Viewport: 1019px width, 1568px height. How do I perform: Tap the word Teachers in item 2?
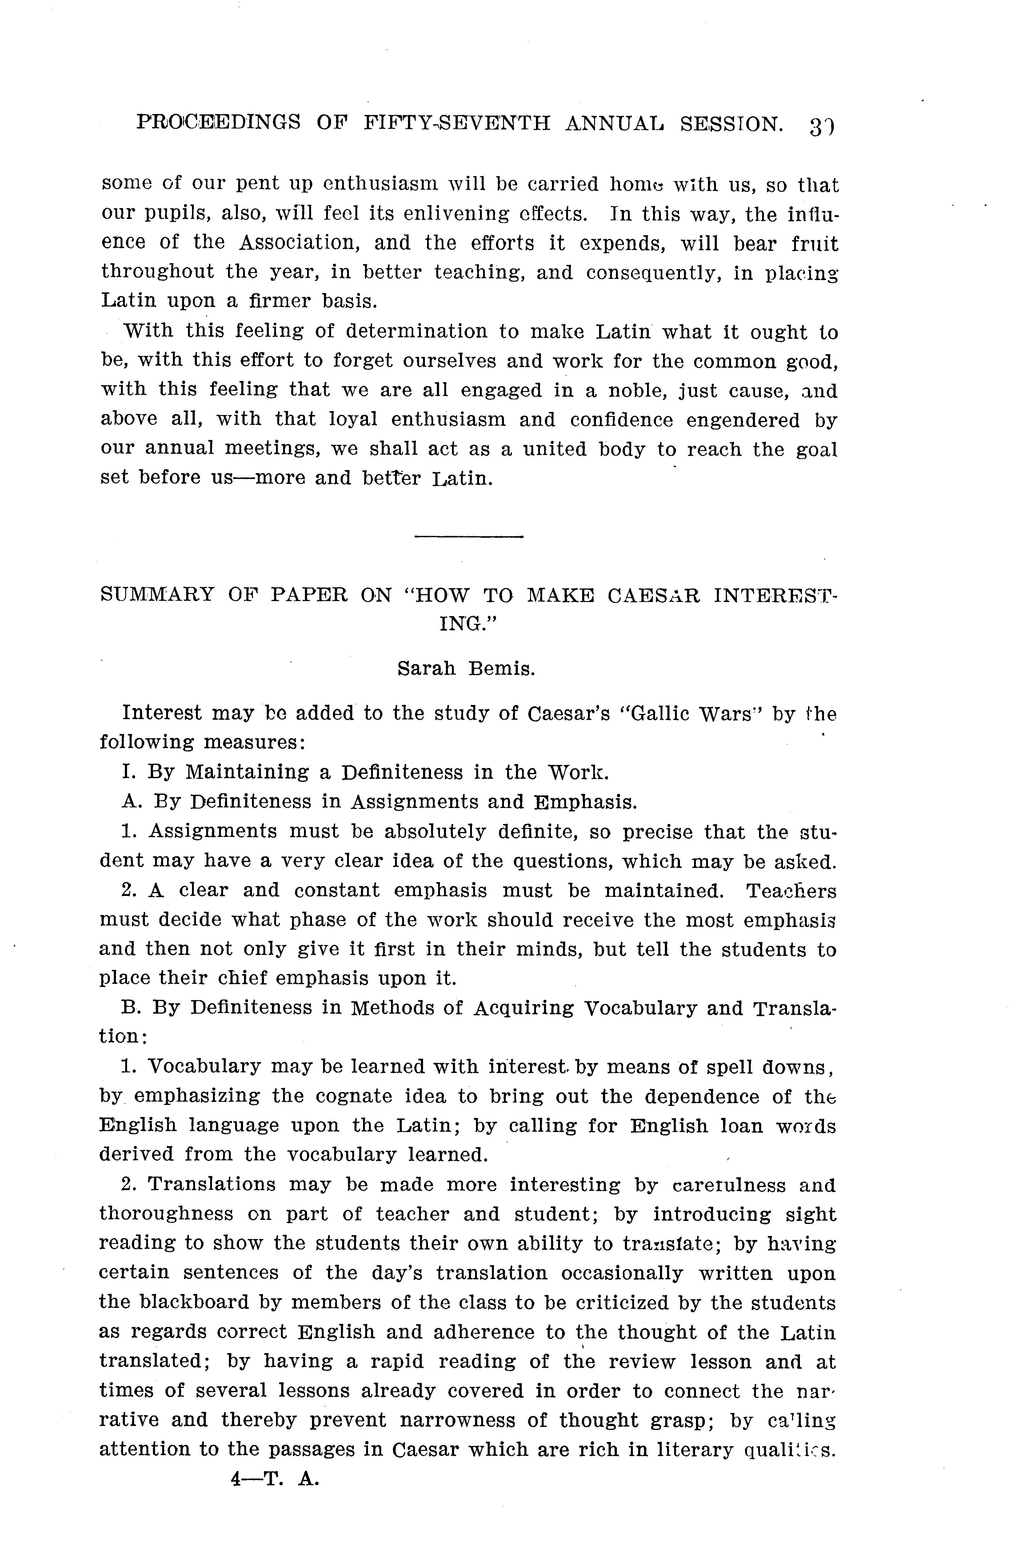791,891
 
